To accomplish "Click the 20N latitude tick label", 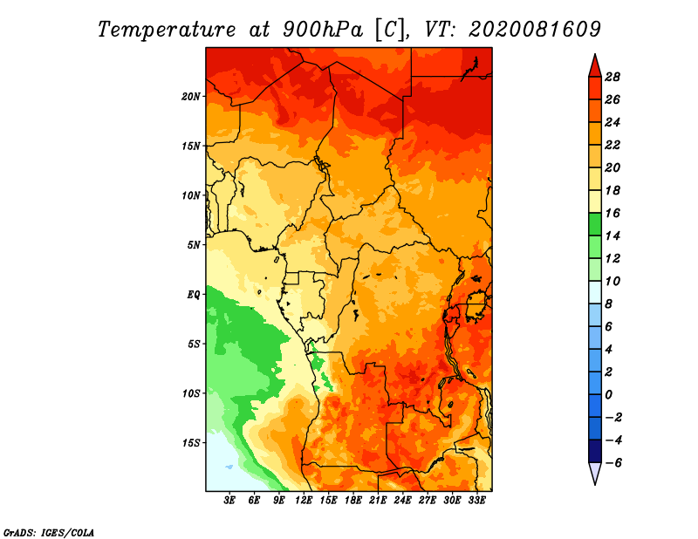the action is [191, 97].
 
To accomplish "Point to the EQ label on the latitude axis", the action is [194, 295].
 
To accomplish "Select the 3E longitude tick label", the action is [229, 501].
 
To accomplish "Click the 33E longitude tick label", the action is [476, 501].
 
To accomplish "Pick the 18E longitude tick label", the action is [353, 501].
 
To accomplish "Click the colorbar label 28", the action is [612, 77].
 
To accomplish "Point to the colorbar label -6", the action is [612, 463].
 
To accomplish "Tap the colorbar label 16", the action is [612, 213].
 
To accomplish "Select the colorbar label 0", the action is [608, 395].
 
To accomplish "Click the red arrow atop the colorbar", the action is [595, 65].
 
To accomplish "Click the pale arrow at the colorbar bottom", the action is [595, 474].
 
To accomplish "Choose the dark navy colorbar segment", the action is [595, 451].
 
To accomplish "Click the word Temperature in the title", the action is [167, 30].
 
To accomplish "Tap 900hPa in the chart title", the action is [322, 30].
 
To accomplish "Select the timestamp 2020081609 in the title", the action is [535, 30].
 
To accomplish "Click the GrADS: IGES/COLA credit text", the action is [49, 532].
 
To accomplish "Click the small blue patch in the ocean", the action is [229, 467].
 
